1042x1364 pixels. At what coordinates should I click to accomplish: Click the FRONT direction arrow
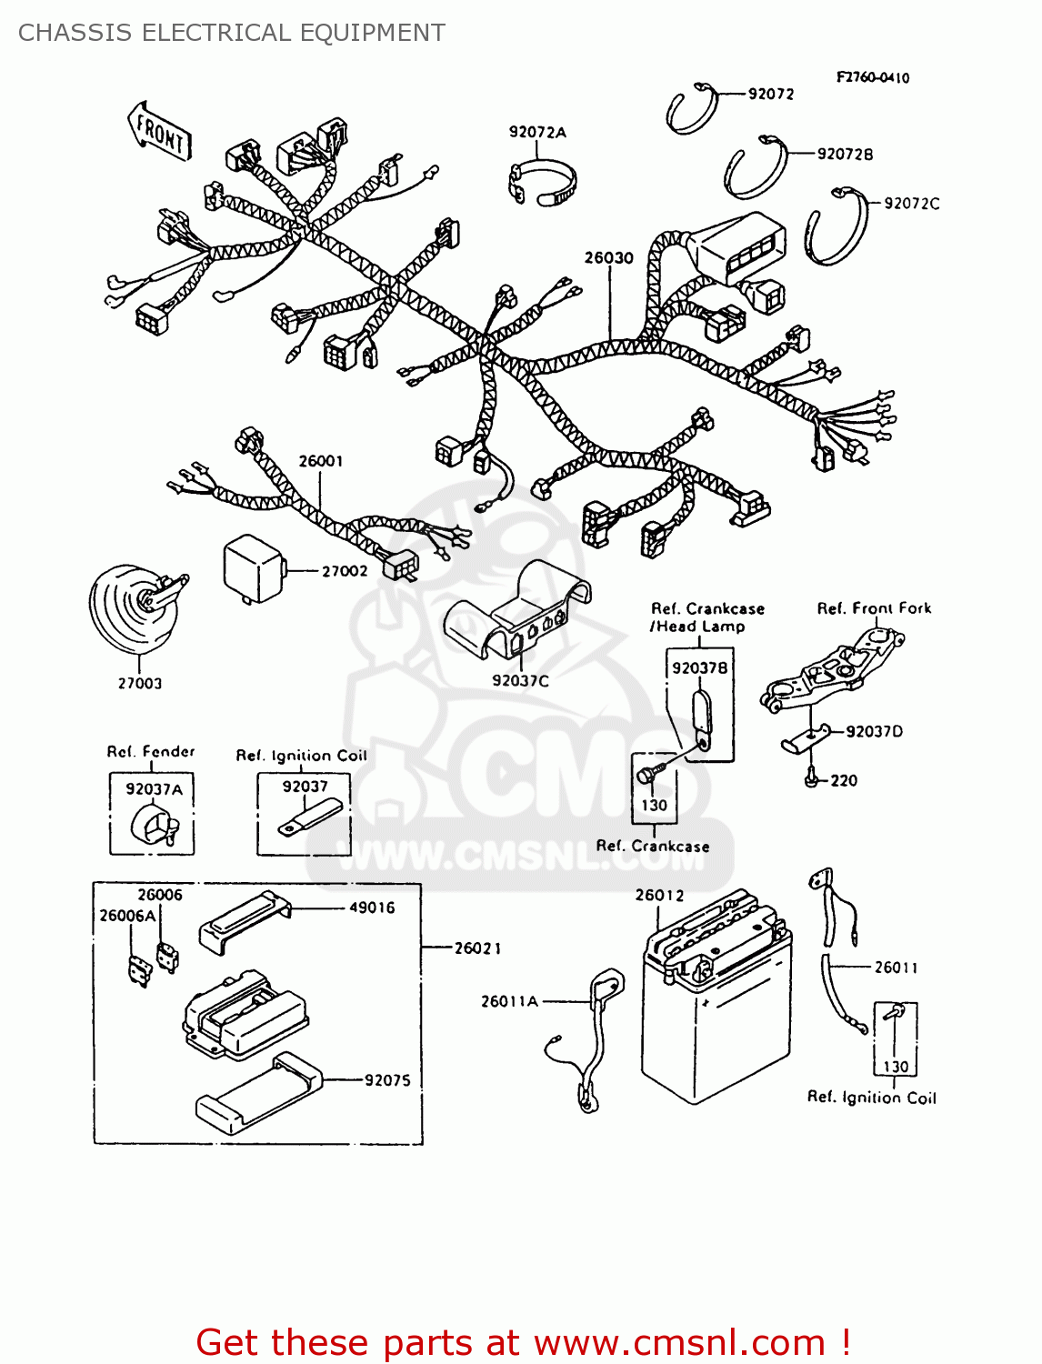pyautogui.click(x=160, y=133)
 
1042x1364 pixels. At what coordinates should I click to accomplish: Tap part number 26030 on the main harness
pyautogui.click(x=608, y=258)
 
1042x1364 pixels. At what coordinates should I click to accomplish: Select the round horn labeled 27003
pyautogui.click(x=132, y=607)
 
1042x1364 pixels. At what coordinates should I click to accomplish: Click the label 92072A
pyautogui.click(x=537, y=133)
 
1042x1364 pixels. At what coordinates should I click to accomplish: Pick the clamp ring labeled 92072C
pyautogui.click(x=836, y=226)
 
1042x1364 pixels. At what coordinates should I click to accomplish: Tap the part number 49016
pyautogui.click(x=372, y=908)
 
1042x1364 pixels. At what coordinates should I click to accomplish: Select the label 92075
pyautogui.click(x=387, y=1080)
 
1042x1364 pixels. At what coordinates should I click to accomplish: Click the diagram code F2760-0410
pyautogui.click(x=872, y=78)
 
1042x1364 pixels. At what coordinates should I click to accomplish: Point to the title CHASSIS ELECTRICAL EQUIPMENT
pyautogui.click(x=232, y=33)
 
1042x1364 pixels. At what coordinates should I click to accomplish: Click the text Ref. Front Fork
pyautogui.click(x=874, y=608)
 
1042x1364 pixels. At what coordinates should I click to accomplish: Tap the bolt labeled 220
pyautogui.click(x=812, y=779)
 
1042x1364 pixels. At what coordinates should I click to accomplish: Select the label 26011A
pyautogui.click(x=509, y=1001)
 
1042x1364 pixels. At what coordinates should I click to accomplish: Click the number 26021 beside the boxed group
pyautogui.click(x=477, y=948)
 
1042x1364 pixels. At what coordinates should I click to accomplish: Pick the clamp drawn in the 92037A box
pyautogui.click(x=155, y=826)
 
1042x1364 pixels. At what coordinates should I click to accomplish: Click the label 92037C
pyautogui.click(x=520, y=680)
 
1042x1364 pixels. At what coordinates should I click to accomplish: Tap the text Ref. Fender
pyautogui.click(x=151, y=752)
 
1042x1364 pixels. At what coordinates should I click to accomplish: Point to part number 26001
pyautogui.click(x=321, y=461)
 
